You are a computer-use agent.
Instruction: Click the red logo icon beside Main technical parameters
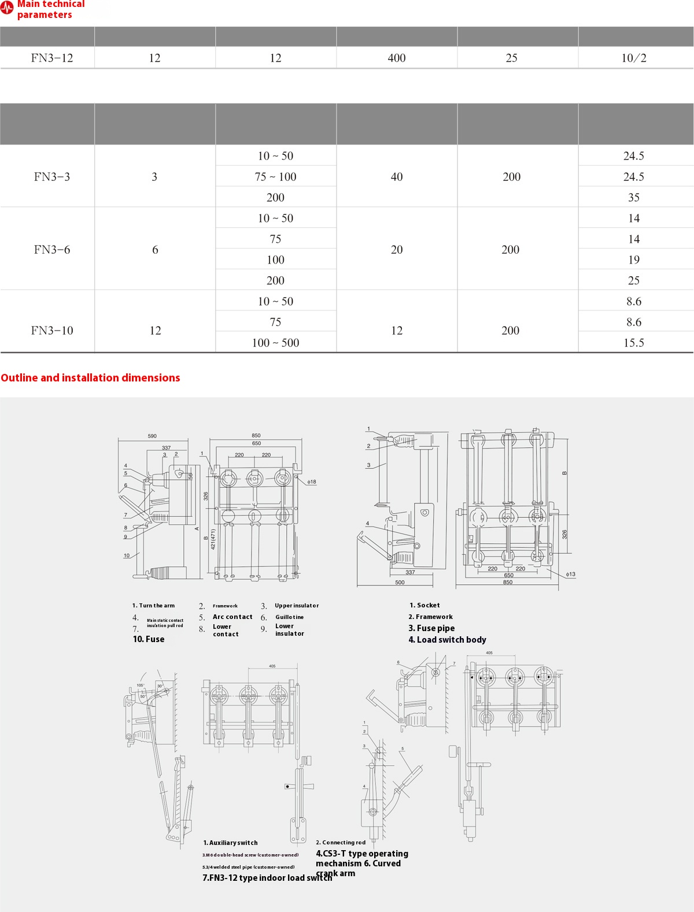pos(7,9)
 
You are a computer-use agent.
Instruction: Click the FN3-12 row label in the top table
pos(52,58)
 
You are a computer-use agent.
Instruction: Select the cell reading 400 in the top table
pos(397,58)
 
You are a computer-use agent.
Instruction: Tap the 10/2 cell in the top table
pos(634,58)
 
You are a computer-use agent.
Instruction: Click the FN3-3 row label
pos(52,177)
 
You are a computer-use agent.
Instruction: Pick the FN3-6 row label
pos(52,250)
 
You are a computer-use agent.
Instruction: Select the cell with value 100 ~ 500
pos(275,343)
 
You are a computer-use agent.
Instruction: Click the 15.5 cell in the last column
pos(634,343)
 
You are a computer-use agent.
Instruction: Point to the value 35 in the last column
pos(634,198)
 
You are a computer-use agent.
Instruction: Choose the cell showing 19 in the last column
pos(634,260)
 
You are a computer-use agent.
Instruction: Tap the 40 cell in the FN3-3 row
pos(397,177)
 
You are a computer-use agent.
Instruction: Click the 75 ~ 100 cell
pos(275,177)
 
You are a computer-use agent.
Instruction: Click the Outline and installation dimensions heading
pos(90,378)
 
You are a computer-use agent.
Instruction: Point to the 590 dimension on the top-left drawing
pos(152,436)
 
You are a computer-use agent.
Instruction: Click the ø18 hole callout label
pos(311,481)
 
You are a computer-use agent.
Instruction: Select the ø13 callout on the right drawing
pos(570,574)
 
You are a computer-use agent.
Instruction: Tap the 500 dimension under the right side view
pos(400,582)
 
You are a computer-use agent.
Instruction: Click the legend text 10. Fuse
pos(149,639)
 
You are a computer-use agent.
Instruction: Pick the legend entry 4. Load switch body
pos(447,640)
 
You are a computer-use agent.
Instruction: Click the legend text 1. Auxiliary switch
pos(230,843)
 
